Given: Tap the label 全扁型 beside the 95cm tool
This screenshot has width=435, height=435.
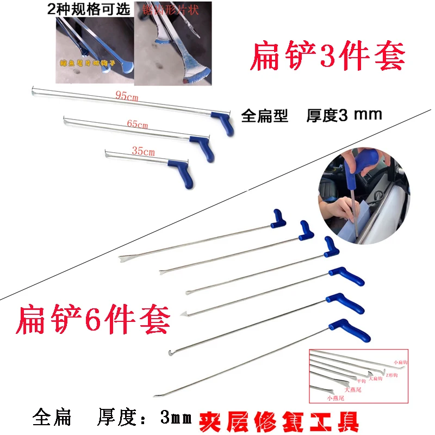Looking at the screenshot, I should point(264,116).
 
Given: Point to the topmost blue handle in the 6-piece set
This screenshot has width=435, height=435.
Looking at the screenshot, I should point(281,217).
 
